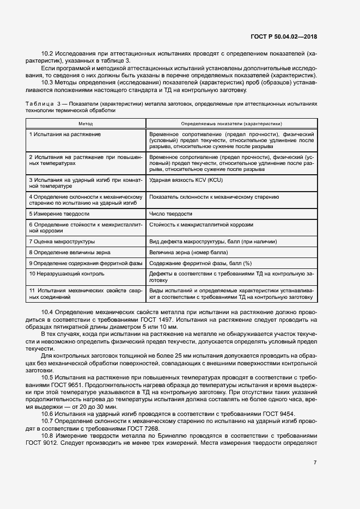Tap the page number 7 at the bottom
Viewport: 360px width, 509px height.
(x=315, y=463)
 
